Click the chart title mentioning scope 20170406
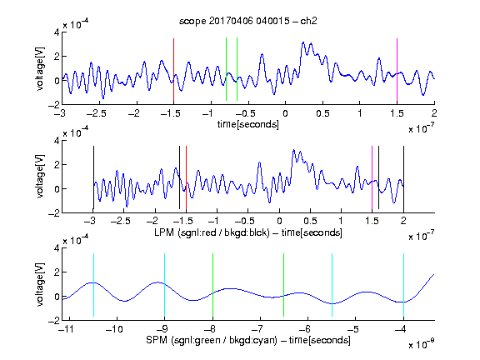tap(248, 21)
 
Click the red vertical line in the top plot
tap(173, 70)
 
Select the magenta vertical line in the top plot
tap(397, 70)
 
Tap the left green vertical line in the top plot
tap(226, 69)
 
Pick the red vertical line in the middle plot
tap(186, 177)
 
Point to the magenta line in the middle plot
tap(372, 177)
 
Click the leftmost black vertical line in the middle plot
tap(93, 177)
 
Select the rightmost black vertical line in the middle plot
tap(403, 179)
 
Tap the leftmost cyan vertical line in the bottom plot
tap(93, 285)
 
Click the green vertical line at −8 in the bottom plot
tap(212, 285)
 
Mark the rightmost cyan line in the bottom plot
tap(404, 285)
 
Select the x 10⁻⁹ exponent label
tap(422, 344)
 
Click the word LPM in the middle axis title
tap(164, 232)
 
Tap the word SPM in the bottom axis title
tap(157, 340)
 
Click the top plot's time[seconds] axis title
tap(248, 124)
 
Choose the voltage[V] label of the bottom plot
tap(40, 284)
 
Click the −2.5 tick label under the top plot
tap(96, 113)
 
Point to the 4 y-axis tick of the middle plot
tap(57, 141)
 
